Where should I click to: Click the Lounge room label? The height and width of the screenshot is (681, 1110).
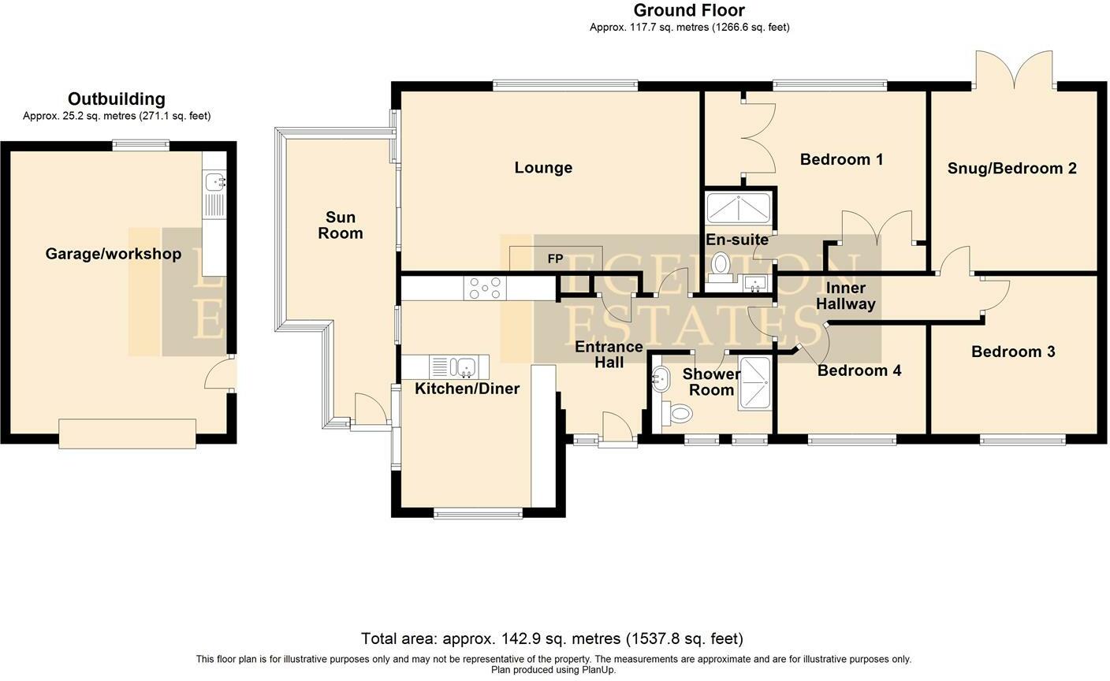click(x=543, y=167)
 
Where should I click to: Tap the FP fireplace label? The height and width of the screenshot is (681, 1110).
click(x=555, y=259)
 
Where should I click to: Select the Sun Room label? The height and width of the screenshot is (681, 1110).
click(x=341, y=225)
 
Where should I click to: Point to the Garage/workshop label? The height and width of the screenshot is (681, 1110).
click(x=113, y=254)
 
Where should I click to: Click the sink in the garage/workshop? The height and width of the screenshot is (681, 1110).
click(x=215, y=181)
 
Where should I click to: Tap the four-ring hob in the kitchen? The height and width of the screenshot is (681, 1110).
click(x=485, y=288)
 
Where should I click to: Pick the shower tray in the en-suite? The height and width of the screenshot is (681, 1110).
click(x=739, y=209)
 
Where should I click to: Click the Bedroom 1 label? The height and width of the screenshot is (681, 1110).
click(x=841, y=159)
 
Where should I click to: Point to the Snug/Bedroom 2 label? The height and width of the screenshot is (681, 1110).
click(x=1012, y=169)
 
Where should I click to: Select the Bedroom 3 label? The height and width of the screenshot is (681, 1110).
click(x=1013, y=352)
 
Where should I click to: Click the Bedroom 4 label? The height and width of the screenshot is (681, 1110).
click(x=859, y=370)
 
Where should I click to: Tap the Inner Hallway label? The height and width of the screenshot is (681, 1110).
click(x=845, y=296)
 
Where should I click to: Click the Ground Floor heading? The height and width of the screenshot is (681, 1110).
click(x=689, y=10)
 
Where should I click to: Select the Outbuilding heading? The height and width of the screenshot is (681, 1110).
click(x=117, y=99)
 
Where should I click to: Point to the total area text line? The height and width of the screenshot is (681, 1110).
click(x=552, y=639)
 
